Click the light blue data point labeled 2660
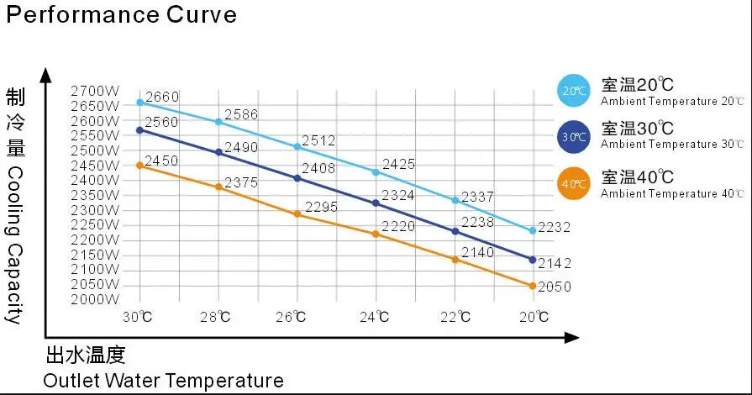[x=139, y=103]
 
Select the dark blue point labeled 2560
[x=139, y=130]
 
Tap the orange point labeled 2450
[x=139, y=166]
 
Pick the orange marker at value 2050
[x=533, y=287]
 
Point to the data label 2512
[x=319, y=140]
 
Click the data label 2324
[x=398, y=196]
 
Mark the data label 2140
[x=477, y=251]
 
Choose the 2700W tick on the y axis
[x=96, y=91]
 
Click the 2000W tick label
[x=96, y=298]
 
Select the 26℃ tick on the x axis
[x=297, y=317]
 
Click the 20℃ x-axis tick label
[x=533, y=317]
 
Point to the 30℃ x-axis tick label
[x=139, y=317]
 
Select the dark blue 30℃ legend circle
[x=575, y=136]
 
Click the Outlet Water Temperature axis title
[x=163, y=381]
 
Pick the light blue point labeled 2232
[x=533, y=230]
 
